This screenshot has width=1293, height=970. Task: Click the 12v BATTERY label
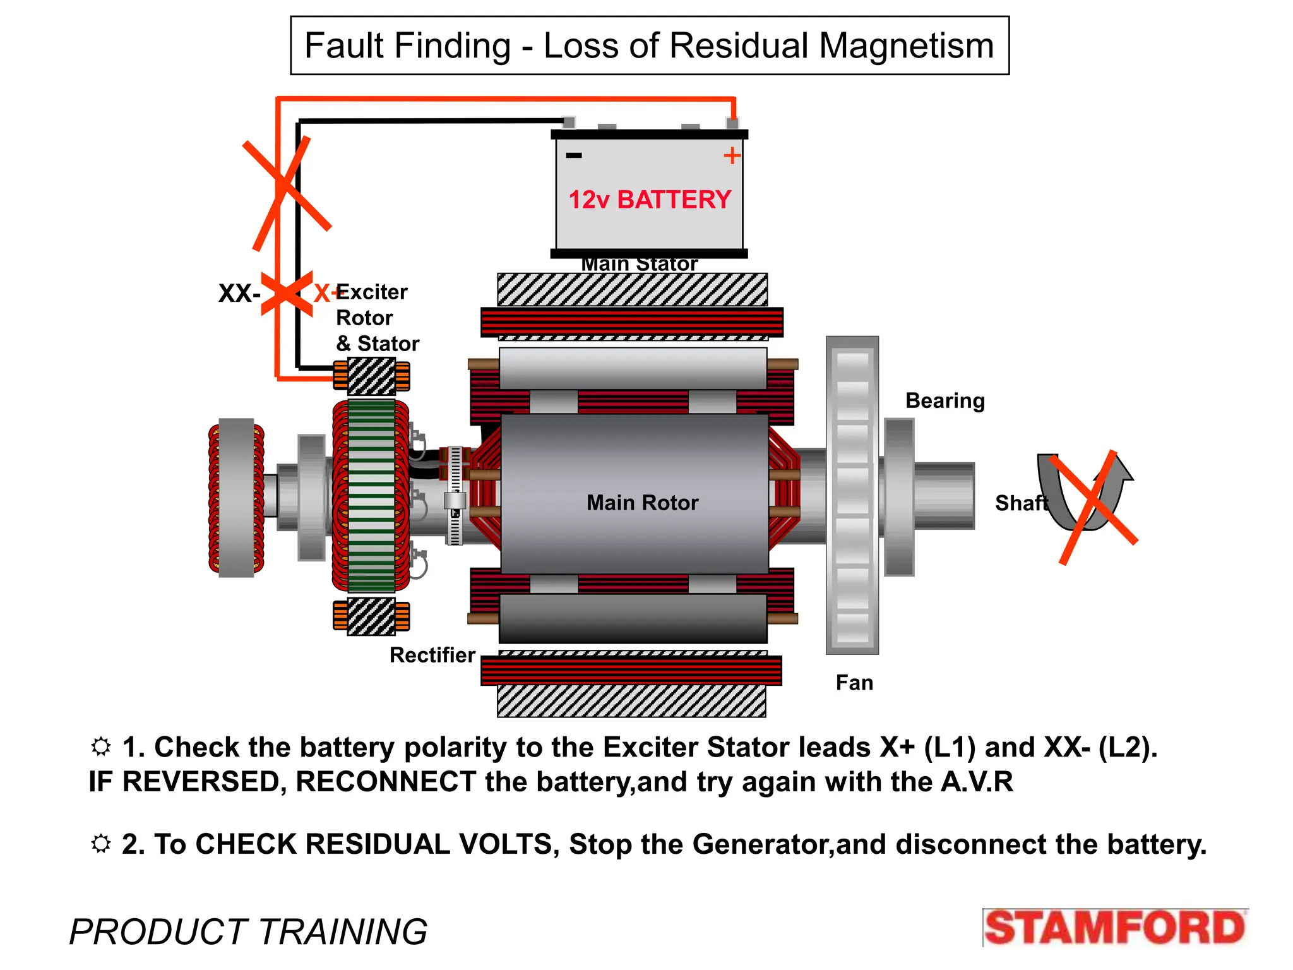point(649,200)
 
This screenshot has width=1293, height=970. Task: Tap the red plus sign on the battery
point(732,155)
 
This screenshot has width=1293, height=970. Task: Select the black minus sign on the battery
point(573,155)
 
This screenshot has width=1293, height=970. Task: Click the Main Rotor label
point(642,503)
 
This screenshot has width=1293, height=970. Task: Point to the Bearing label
point(944,401)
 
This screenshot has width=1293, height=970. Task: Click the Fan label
point(854,683)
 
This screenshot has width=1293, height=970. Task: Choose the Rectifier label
point(432,656)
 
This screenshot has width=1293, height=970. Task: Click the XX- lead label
point(239,294)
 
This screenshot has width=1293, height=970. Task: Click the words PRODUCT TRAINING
point(248,932)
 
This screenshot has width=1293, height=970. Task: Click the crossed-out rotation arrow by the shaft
point(1087,499)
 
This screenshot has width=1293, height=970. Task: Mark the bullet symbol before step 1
point(101,746)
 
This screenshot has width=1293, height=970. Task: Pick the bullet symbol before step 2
point(101,844)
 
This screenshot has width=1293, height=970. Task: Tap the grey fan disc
point(852,496)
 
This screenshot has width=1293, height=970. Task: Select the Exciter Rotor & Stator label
point(376,318)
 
